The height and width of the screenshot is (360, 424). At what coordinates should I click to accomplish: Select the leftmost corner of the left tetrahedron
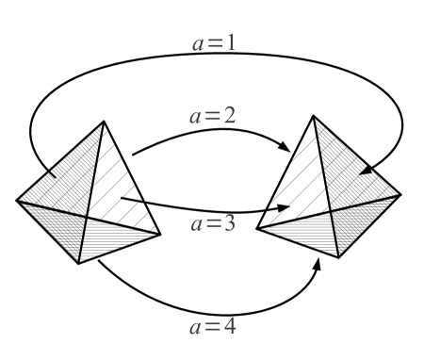point(16,199)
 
